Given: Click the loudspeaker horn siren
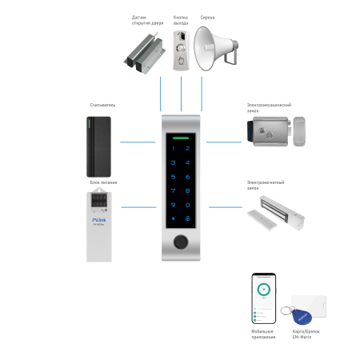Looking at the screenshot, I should (217, 49).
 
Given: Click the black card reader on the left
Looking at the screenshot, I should (100, 146).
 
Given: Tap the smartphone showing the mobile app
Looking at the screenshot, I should (263, 298).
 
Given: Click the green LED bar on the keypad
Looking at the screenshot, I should (180, 138).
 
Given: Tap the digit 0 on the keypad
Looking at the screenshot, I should (179, 205).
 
